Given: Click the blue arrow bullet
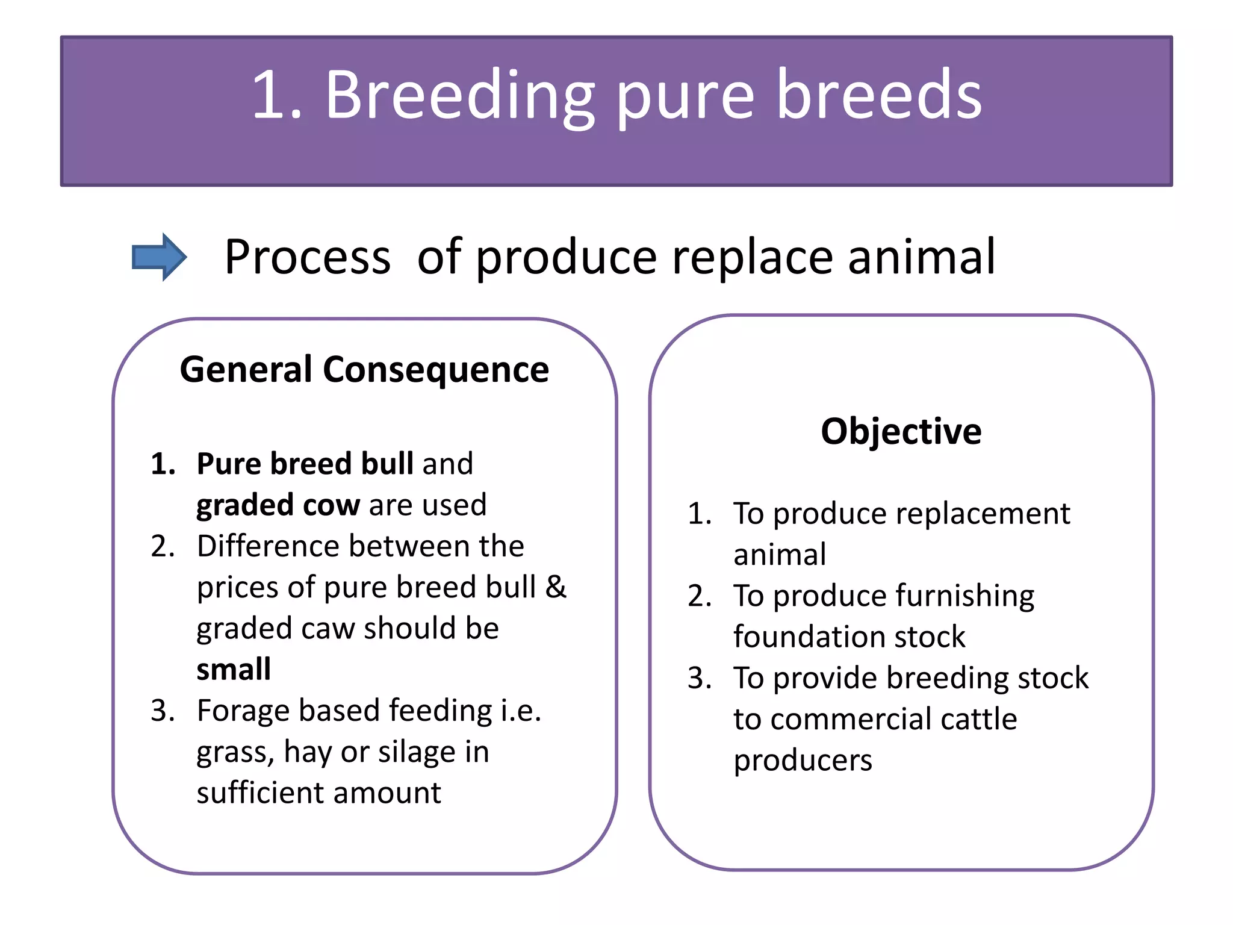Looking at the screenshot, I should pyautogui.click(x=159, y=257).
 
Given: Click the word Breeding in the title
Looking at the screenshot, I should pyautogui.click(x=461, y=96).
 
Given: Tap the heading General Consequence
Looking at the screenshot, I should pyautogui.click(x=364, y=369).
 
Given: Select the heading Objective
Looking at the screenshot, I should pyautogui.click(x=901, y=431).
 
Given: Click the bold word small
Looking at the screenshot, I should pyautogui.click(x=234, y=670).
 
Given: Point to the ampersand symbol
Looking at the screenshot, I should pyautogui.click(x=556, y=587).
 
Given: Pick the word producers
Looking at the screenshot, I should pyautogui.click(x=803, y=761).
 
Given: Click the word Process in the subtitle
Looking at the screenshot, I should pyautogui.click(x=308, y=257).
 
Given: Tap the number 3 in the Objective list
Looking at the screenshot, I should pyautogui.click(x=698, y=679).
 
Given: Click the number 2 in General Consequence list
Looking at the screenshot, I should pyautogui.click(x=161, y=546).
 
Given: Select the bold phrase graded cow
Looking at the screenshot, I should pyautogui.click(x=278, y=505).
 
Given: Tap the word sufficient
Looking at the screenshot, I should pyautogui.click(x=259, y=793).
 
